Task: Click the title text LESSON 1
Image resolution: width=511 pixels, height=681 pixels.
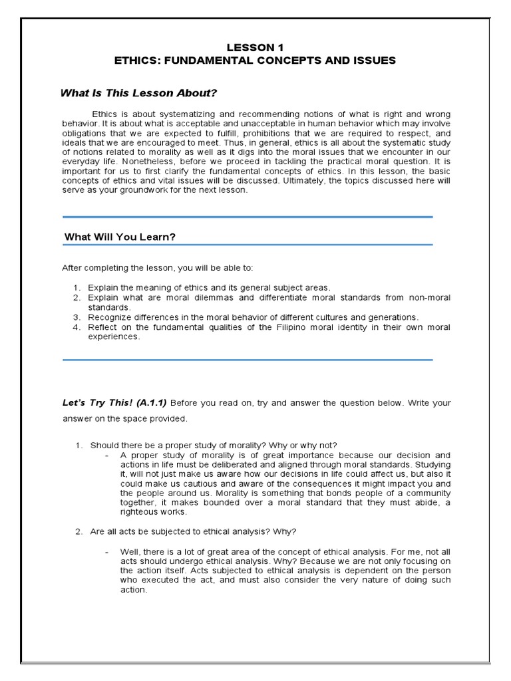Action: [255, 47]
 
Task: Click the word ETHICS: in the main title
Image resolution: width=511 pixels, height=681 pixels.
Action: [139, 61]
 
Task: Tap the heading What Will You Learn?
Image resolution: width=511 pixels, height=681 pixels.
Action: [120, 237]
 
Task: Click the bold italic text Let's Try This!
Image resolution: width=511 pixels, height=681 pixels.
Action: [98, 403]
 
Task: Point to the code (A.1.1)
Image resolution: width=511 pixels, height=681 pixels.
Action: [152, 403]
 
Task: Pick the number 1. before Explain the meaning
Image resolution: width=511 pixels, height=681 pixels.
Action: [77, 287]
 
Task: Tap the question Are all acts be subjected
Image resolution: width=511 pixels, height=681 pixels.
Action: [194, 531]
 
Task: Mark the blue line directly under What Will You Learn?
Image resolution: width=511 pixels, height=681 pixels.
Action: [248, 245]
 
